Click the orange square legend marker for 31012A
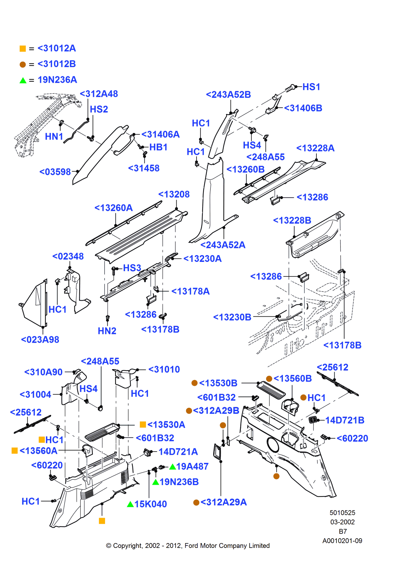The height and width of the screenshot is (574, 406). point(23,49)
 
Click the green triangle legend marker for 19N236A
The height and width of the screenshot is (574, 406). point(23,80)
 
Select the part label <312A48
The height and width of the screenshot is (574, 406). point(99,94)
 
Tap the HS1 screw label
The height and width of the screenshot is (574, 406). point(311,87)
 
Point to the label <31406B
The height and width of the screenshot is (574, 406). point(303,108)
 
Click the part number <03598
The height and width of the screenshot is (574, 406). point(55,172)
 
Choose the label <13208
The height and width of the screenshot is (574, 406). point(174,194)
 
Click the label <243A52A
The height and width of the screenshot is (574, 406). point(223,245)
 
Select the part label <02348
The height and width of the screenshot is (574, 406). point(68,256)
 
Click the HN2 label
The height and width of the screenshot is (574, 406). point(107,331)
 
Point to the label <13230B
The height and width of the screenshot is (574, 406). point(232,317)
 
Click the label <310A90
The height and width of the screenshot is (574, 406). point(43,372)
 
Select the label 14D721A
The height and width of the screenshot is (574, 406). point(178,452)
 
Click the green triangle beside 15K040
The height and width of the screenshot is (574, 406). point(130,504)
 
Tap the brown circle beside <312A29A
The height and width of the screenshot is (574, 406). point(196,502)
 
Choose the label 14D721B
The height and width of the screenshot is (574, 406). point(344,420)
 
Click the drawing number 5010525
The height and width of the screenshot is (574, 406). point(342,512)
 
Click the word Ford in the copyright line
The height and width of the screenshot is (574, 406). point(191,546)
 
